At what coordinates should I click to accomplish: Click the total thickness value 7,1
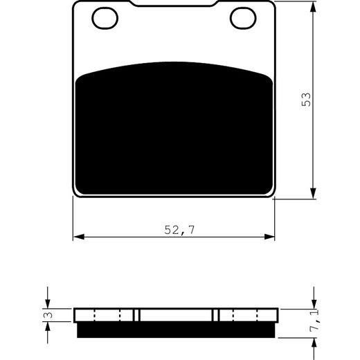point(316,339)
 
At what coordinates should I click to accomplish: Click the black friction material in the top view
point(174,132)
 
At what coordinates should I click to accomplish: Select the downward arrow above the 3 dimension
point(48,302)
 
